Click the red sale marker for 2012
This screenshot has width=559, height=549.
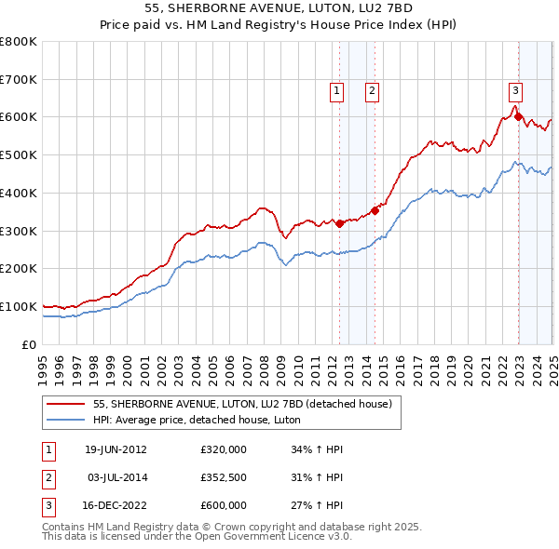click(340, 222)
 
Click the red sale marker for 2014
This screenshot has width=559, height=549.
click(375, 210)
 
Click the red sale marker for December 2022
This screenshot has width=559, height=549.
click(518, 117)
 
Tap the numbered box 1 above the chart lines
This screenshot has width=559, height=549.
click(335, 90)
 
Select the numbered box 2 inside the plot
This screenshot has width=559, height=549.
click(372, 90)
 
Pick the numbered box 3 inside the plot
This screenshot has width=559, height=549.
click(515, 90)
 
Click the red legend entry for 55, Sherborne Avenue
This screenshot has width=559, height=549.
click(246, 404)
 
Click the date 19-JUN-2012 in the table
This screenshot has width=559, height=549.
click(116, 449)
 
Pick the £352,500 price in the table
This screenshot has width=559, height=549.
click(224, 477)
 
